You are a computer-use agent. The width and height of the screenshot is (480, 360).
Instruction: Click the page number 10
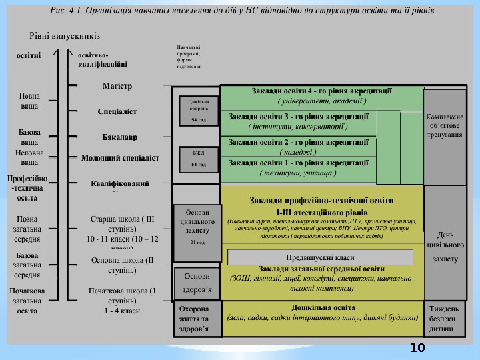point(417,348)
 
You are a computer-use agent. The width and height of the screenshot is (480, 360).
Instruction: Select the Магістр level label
point(117,86)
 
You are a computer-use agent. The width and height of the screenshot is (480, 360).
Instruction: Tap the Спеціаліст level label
point(117,111)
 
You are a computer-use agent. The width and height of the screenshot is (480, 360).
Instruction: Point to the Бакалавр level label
point(120,137)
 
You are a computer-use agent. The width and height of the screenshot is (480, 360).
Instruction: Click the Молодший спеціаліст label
point(120,158)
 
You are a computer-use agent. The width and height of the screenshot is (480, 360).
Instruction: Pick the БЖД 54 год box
point(198,159)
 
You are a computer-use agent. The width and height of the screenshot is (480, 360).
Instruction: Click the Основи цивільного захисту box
point(197,224)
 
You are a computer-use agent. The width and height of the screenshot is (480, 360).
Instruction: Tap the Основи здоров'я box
point(197,283)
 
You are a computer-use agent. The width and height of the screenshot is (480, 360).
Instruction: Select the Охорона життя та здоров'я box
point(197,319)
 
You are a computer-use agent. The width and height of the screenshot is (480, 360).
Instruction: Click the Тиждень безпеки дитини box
point(445,319)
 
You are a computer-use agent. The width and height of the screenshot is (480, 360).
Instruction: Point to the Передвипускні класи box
point(321,257)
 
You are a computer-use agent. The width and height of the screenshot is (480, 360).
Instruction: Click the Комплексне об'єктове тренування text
point(445,125)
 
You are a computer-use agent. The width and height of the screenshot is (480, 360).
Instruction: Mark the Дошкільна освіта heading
point(323,307)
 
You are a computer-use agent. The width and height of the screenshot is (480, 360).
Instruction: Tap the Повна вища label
point(29,101)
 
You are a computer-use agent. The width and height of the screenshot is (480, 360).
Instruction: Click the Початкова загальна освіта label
point(27,301)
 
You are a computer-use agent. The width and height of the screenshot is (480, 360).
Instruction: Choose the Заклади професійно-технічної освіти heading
point(322,200)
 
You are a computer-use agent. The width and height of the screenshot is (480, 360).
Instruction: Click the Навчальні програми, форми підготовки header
point(189,57)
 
